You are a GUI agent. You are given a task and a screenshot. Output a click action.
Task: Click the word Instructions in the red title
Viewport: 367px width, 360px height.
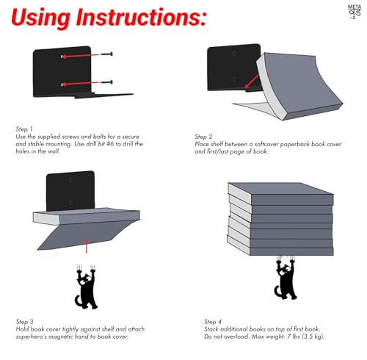pyautogui.click(x=142, y=17)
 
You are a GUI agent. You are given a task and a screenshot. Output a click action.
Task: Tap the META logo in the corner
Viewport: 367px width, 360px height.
pyautogui.click(x=355, y=12)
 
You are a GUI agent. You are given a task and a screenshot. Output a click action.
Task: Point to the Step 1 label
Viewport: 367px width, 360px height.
pyautogui.click(x=24, y=129)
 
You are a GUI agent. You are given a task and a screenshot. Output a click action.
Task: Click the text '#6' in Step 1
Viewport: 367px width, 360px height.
pyautogui.click(x=110, y=144)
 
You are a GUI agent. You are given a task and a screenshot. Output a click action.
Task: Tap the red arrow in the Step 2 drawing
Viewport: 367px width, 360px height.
pyautogui.click(x=251, y=82)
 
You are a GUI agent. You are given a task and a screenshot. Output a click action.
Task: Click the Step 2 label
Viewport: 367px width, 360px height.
pyautogui.click(x=203, y=137)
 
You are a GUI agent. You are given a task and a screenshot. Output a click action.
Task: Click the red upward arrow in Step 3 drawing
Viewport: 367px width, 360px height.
pyautogui.click(x=86, y=245)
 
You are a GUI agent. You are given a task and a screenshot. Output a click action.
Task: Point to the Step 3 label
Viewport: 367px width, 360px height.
pyautogui.click(x=24, y=322)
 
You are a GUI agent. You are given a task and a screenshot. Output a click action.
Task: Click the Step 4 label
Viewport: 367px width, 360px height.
pyautogui.click(x=213, y=322)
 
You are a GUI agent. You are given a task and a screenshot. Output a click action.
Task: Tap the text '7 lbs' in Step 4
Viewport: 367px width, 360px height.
pyautogui.click(x=294, y=336)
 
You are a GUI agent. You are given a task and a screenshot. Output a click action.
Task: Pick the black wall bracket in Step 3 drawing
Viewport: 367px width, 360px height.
pyautogui.click(x=70, y=191)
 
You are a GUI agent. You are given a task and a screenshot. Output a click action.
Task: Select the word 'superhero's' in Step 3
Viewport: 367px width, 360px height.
pyautogui.click(x=32, y=337)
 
